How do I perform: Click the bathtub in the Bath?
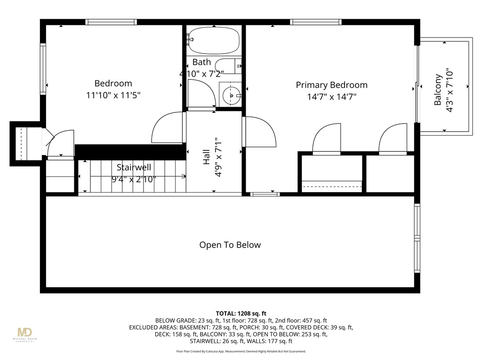tap(214, 41)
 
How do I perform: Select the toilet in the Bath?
tap(228, 66)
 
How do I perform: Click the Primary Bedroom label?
tap(331, 85)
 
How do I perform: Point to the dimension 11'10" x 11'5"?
tap(113, 95)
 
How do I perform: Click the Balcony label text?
tap(438, 90)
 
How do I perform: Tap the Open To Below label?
tap(230, 245)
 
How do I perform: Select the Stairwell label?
tap(134, 167)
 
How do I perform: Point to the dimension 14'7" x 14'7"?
tap(331, 97)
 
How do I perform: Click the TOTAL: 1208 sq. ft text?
tap(241, 313)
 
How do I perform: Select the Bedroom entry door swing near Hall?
tap(168, 127)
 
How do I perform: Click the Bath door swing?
tap(201, 94)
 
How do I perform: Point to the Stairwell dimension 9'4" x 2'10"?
tap(134, 179)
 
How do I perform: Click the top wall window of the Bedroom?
tap(111, 22)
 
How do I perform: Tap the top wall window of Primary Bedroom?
tap(315, 22)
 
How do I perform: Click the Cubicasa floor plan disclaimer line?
tap(241, 351)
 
